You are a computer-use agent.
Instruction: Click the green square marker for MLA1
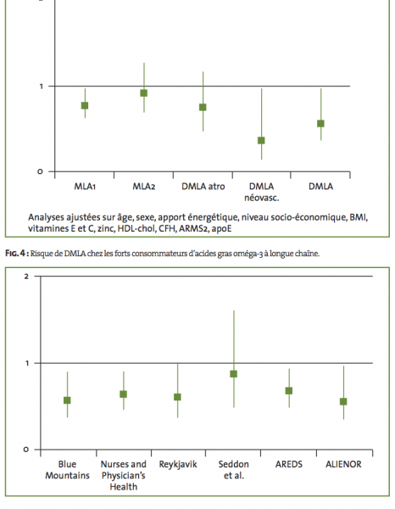[85, 105]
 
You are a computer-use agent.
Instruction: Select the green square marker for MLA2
[143, 93]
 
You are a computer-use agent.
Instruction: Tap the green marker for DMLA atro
[203, 107]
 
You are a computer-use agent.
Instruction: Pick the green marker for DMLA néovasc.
[261, 140]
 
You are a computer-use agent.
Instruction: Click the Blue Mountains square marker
[67, 400]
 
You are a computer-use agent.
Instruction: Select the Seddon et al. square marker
[233, 374]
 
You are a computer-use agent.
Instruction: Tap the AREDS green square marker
[289, 390]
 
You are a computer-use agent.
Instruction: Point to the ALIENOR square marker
[343, 401]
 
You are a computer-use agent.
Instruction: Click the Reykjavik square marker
[177, 397]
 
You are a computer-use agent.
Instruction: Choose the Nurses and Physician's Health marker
[123, 394]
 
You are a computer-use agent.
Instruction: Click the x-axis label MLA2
[143, 187]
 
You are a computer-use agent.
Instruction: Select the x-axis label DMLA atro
[203, 187]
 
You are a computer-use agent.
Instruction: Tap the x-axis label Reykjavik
[178, 465]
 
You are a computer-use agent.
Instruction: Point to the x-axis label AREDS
[289, 464]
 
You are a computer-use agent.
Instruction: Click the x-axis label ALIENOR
[343, 464]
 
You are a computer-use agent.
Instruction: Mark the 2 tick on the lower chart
[26, 277]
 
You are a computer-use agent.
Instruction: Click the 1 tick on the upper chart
[42, 87]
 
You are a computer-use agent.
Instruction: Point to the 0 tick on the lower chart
[26, 450]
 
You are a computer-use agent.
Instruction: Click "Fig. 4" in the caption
[15, 253]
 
